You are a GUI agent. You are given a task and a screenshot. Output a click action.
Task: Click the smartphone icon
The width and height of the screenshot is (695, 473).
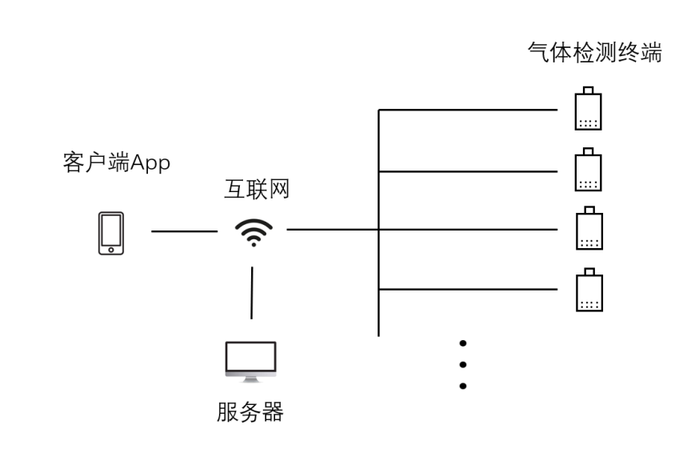point(111,233)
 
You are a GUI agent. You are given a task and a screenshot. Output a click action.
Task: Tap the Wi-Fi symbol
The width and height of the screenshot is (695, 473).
point(253,232)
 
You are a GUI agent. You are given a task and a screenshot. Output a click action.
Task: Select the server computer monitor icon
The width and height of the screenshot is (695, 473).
point(250,359)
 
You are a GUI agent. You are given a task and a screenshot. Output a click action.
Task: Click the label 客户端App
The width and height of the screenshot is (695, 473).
point(117,163)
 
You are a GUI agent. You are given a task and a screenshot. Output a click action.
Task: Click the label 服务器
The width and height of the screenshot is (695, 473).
point(250,413)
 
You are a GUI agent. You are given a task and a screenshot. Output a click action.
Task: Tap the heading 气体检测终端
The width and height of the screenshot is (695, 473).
point(594,53)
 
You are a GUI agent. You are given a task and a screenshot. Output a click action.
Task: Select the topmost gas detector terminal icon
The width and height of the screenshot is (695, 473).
point(588,109)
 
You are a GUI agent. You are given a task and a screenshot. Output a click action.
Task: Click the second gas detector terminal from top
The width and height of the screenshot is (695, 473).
point(588,170)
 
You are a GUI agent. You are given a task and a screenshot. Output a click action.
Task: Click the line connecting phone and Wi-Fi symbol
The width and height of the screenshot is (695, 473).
point(184,231)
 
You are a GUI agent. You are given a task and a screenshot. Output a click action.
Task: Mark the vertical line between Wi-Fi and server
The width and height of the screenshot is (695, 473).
point(252,293)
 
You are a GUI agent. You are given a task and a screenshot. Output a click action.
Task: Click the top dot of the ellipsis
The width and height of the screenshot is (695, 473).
point(462,343)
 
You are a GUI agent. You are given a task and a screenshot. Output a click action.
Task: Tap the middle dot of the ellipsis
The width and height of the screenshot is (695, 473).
point(462,365)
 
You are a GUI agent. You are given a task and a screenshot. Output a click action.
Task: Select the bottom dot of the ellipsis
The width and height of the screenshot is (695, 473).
point(462,386)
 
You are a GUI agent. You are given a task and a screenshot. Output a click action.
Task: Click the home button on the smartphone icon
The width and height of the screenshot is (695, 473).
point(111,250)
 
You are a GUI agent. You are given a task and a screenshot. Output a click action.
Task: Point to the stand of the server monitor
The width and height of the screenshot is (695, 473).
point(250,378)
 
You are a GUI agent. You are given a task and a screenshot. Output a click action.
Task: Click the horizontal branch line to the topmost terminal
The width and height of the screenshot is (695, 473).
point(468,110)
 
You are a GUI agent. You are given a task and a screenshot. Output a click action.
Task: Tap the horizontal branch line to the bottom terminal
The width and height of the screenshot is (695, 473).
point(468,289)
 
